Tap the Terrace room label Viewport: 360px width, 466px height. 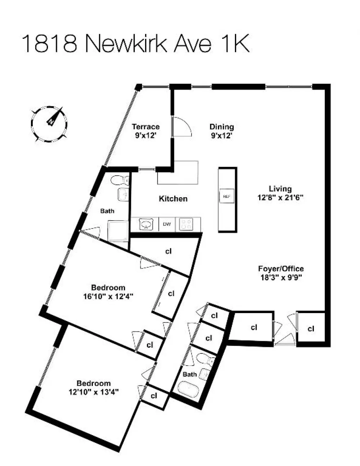146,127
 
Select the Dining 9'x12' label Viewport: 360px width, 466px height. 222,131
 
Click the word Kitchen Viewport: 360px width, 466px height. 173,199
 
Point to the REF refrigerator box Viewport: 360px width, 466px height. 227,196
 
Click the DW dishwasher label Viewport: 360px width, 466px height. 167,224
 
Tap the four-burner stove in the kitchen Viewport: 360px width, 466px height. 186,225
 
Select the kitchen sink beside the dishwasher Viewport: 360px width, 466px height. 146,224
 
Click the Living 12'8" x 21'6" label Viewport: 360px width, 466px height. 280,193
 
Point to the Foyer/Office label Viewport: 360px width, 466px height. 281,268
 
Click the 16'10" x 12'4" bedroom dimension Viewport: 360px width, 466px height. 108,297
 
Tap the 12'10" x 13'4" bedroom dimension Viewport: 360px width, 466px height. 94,392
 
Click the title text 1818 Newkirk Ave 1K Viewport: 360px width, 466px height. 135,44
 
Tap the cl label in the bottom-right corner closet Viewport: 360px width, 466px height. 311,329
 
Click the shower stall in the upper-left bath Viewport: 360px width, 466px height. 118,231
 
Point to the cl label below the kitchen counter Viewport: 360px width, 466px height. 168,251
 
